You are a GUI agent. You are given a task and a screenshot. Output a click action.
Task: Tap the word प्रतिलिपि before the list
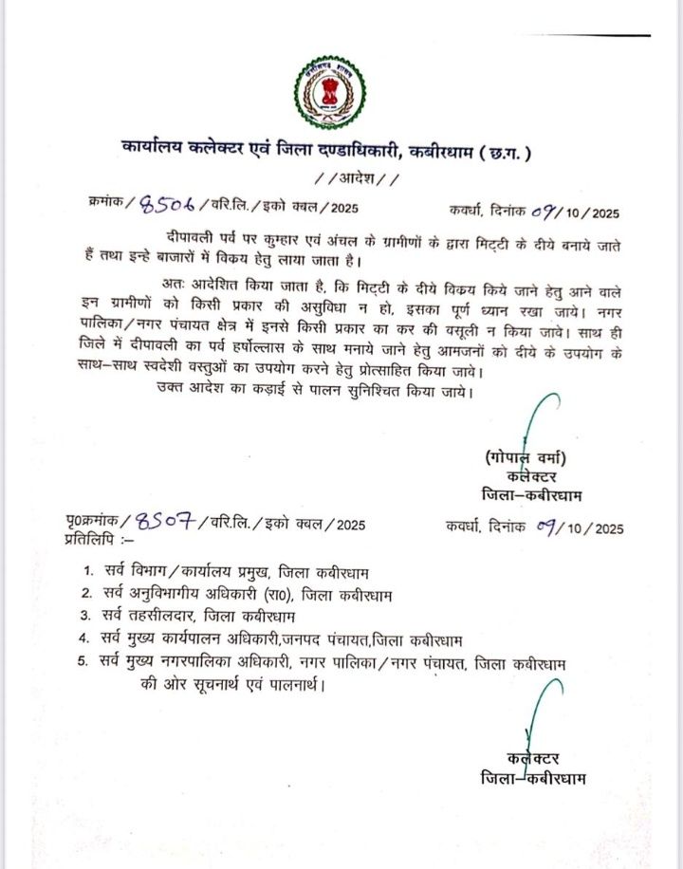pos(91,537)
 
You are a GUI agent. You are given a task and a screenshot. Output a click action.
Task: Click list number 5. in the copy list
pos(86,660)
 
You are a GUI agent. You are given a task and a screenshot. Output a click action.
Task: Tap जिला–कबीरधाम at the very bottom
pos(534,779)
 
